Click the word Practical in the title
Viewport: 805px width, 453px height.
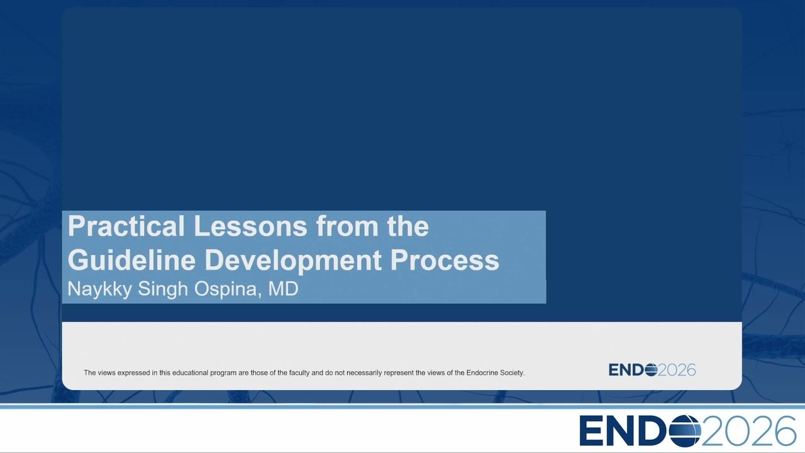pos(126,226)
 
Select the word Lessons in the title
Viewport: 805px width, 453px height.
pos(250,226)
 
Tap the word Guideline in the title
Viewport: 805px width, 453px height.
pos(131,260)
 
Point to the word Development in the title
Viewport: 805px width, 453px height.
pos(293,261)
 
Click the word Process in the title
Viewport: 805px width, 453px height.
pos(445,260)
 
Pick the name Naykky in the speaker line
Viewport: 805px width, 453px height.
pos(99,289)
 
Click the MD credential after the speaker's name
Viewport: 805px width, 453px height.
pos(283,289)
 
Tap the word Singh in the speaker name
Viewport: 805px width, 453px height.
pos(163,289)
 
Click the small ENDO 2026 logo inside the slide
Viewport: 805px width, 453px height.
pos(652,370)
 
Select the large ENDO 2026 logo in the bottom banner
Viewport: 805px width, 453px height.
pos(687,431)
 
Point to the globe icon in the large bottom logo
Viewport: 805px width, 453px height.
pos(685,431)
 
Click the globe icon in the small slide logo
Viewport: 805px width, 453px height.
pos(651,370)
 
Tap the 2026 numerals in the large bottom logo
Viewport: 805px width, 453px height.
pos(748,431)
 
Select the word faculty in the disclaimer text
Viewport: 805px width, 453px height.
pos(299,373)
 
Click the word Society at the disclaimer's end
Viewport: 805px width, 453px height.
pos(513,373)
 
